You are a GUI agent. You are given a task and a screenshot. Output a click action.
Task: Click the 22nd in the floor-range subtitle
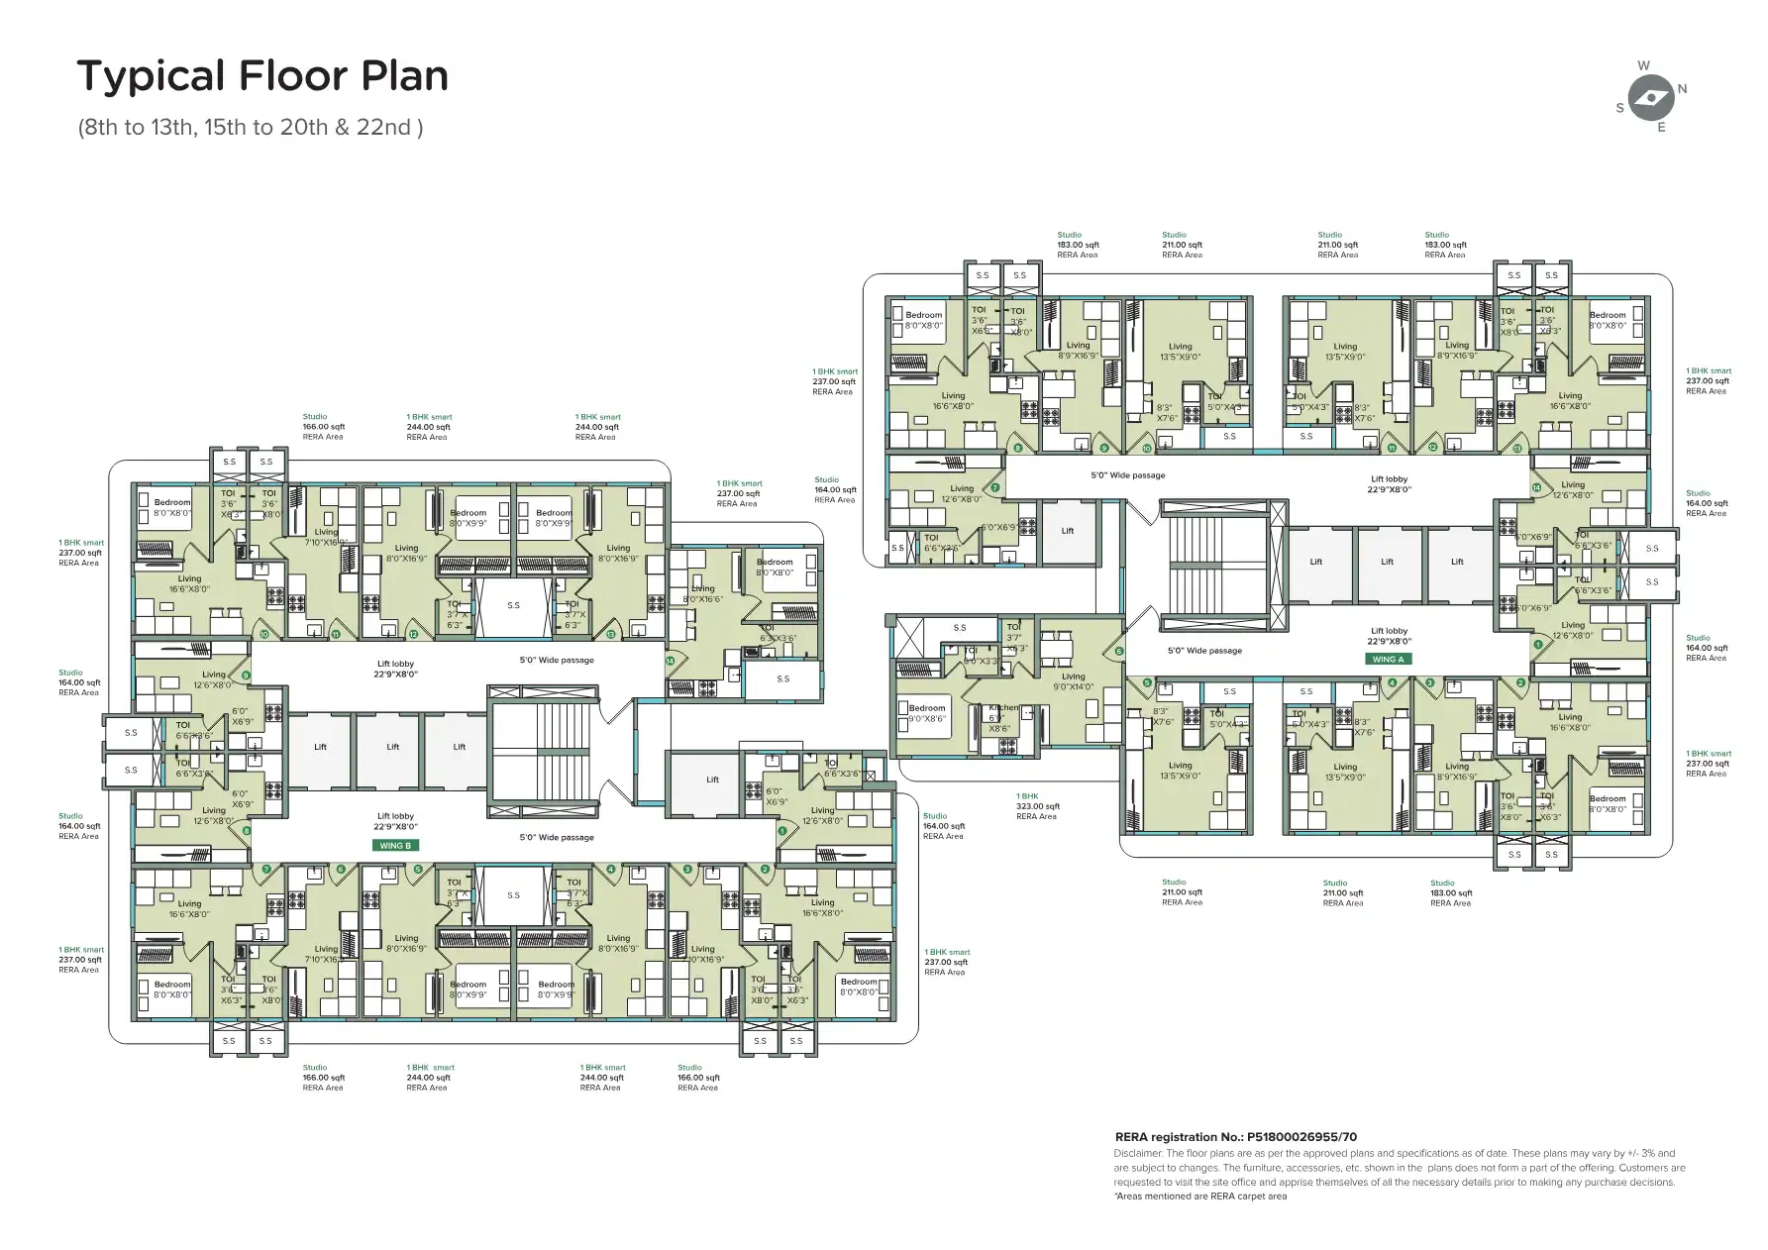point(397,128)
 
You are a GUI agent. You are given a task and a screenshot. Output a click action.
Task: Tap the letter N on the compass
point(1682,89)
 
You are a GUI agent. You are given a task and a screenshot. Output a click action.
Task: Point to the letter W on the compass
point(1644,65)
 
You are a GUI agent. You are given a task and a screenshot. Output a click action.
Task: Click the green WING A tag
point(1388,659)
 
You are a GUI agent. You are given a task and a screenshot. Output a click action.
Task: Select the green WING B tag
point(394,846)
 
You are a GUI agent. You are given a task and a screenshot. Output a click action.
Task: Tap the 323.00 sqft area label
point(1037,806)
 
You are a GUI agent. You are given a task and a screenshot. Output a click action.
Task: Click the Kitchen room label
point(1003,708)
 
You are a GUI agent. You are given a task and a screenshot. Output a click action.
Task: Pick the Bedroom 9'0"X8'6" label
point(927,713)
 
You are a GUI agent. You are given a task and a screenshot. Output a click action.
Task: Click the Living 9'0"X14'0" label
point(1073,681)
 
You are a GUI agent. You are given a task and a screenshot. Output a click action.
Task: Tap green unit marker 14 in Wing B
point(671,661)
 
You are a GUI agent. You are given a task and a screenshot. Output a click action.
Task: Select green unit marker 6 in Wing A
point(1119,652)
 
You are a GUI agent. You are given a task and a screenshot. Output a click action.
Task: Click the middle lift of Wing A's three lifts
point(1387,562)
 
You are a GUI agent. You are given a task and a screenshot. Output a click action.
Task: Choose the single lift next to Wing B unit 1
point(712,780)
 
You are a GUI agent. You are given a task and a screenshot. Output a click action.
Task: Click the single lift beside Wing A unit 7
point(1068,531)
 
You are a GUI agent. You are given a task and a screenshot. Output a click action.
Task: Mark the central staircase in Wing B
point(544,747)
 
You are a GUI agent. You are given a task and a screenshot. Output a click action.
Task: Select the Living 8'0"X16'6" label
point(702,593)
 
